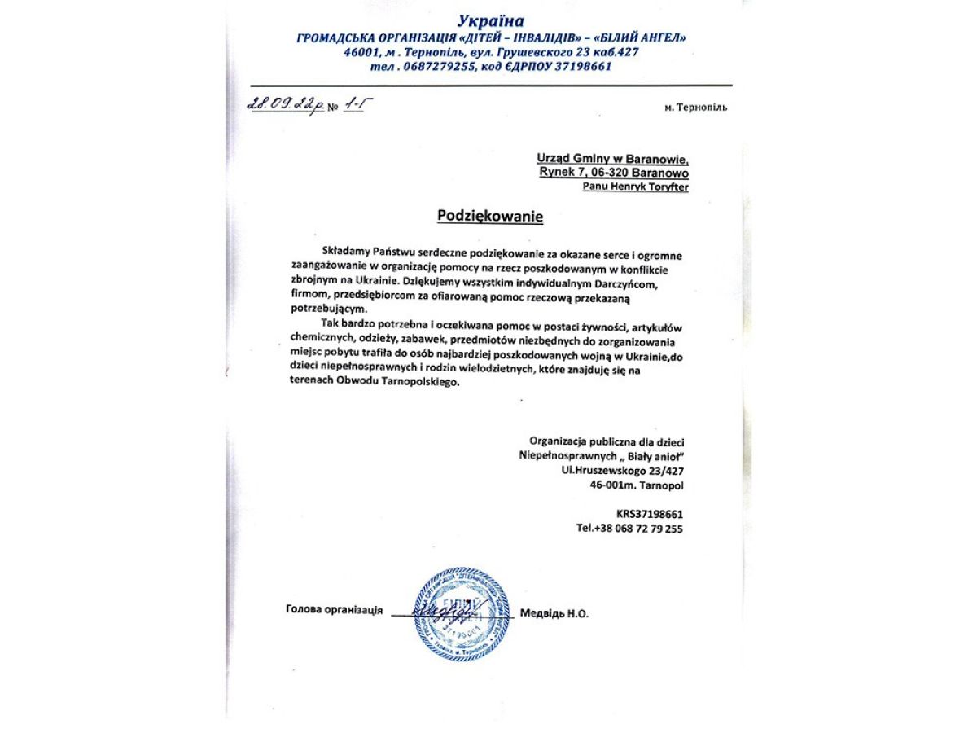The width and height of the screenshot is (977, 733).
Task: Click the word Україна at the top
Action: tap(490, 20)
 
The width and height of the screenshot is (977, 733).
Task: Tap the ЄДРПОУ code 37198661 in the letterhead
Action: tap(582, 67)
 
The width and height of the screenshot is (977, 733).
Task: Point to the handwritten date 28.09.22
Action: tap(281, 104)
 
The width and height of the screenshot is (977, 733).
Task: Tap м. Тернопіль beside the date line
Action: tap(695, 107)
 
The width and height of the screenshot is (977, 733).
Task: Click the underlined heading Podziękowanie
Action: tap(489, 216)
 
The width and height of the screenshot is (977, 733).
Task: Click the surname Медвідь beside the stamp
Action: tap(542, 613)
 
